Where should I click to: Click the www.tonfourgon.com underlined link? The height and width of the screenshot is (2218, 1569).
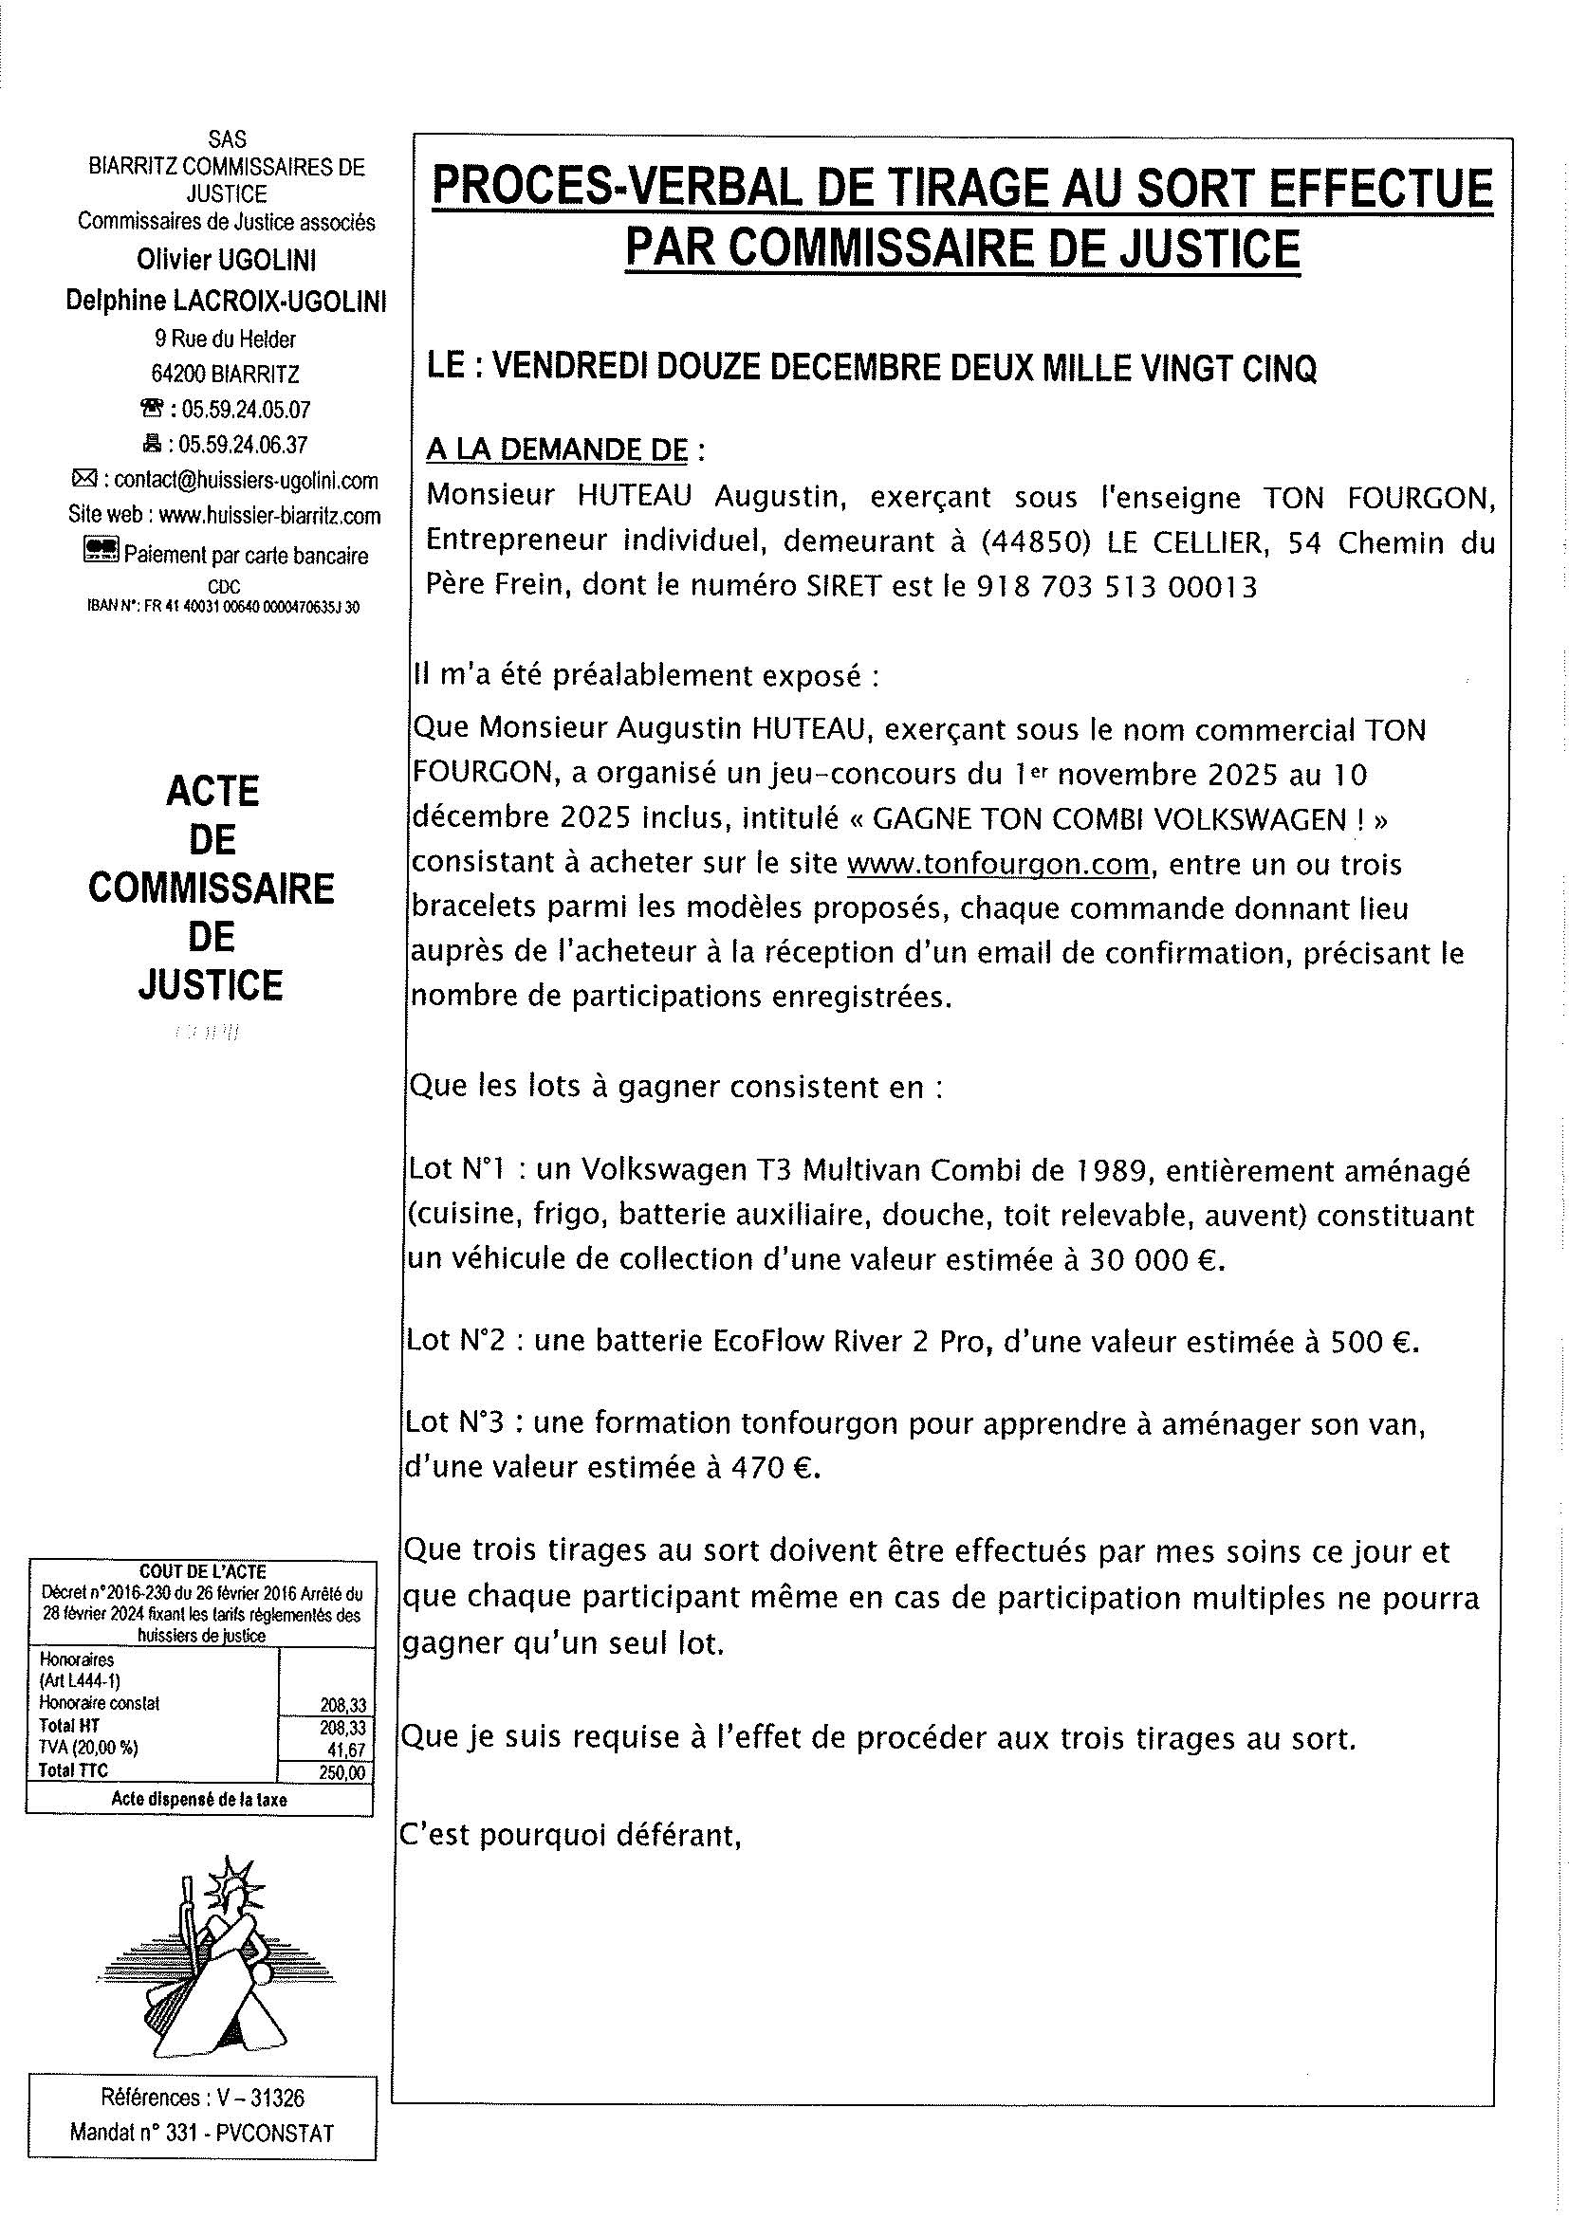point(998,864)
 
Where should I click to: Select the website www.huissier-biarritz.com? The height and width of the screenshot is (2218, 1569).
point(269,516)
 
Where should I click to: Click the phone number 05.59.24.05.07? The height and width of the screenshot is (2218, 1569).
point(246,410)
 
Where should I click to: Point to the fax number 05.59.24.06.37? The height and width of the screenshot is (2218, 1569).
point(246,446)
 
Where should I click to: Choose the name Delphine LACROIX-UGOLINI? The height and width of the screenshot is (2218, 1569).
point(226,302)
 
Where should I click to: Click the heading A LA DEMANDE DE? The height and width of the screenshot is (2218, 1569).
point(558,450)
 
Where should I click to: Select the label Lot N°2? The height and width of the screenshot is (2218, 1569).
point(460,1341)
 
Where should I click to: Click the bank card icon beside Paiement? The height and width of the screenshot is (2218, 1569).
point(102,552)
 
